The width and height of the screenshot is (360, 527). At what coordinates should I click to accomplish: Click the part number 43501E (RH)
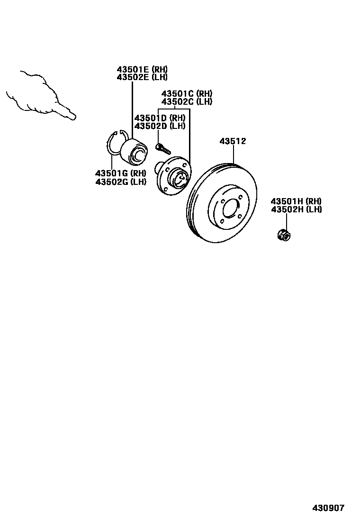[142, 69]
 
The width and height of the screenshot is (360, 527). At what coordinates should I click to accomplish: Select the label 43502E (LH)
[142, 77]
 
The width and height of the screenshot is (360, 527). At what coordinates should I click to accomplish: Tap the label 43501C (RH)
[187, 93]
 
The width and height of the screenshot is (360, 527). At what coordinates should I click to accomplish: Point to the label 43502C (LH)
[187, 101]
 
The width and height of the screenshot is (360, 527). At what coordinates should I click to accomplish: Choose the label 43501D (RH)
[160, 118]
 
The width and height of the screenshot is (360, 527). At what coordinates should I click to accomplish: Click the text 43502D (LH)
[160, 126]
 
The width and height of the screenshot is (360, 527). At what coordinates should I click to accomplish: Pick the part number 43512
[233, 141]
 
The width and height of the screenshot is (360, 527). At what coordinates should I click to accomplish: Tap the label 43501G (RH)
[121, 173]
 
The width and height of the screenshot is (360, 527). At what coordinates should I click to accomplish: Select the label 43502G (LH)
[121, 182]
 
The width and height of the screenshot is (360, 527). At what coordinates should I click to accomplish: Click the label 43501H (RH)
[296, 201]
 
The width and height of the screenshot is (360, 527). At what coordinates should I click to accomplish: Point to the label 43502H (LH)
[296, 209]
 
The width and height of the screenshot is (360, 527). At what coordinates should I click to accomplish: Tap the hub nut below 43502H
[283, 234]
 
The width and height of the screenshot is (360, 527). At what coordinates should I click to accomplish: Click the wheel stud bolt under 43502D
[162, 147]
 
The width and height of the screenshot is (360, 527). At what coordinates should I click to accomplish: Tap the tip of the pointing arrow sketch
[73, 117]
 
